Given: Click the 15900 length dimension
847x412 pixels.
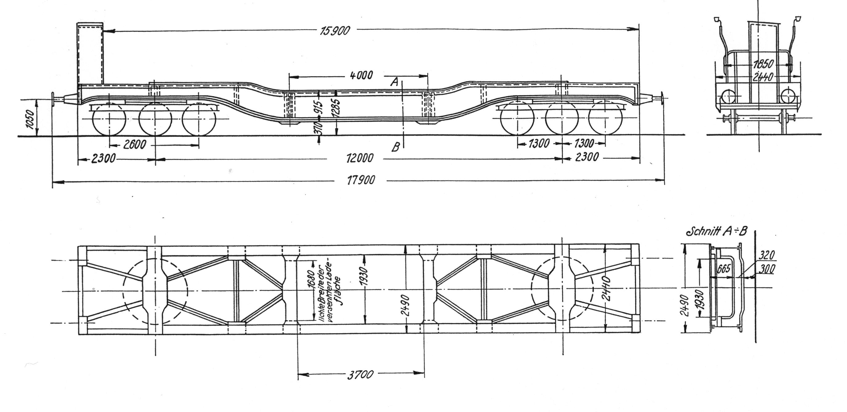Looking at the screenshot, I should (335, 31).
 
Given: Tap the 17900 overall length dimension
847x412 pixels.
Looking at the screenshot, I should (361, 180).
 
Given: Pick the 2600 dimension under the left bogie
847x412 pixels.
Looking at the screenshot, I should (134, 144).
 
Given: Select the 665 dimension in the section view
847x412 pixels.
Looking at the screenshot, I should (723, 269).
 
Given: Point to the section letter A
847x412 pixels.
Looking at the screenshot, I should (395, 81).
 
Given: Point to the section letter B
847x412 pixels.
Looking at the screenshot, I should (396, 147).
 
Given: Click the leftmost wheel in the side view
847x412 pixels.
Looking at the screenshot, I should (109, 119).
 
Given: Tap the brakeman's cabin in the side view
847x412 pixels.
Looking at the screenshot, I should (90, 53).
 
